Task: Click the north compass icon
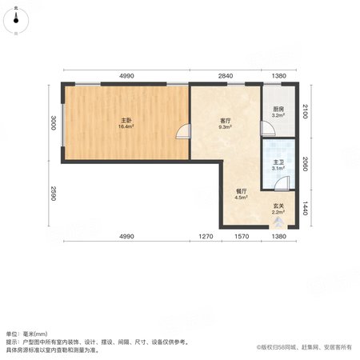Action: [16, 21]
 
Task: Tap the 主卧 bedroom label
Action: [126, 120]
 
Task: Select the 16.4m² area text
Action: [126, 126]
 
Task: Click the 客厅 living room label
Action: [226, 121]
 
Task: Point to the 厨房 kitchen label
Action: [278, 109]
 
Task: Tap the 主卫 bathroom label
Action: [278, 162]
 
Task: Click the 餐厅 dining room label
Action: [242, 191]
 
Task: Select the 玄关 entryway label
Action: [278, 206]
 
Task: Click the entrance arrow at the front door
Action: [278, 222]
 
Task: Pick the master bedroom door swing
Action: [184, 131]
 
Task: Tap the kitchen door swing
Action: [268, 128]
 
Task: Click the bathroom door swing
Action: [282, 183]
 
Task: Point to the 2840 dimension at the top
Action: [226, 76]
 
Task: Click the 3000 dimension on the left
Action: [53, 122]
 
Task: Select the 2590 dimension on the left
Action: [53, 194]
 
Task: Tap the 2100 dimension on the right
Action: [306, 111]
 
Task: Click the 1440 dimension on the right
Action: [306, 208]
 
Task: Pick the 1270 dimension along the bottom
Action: [206, 236]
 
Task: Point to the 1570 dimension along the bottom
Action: [242, 236]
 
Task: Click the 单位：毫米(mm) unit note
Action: [26, 334]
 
